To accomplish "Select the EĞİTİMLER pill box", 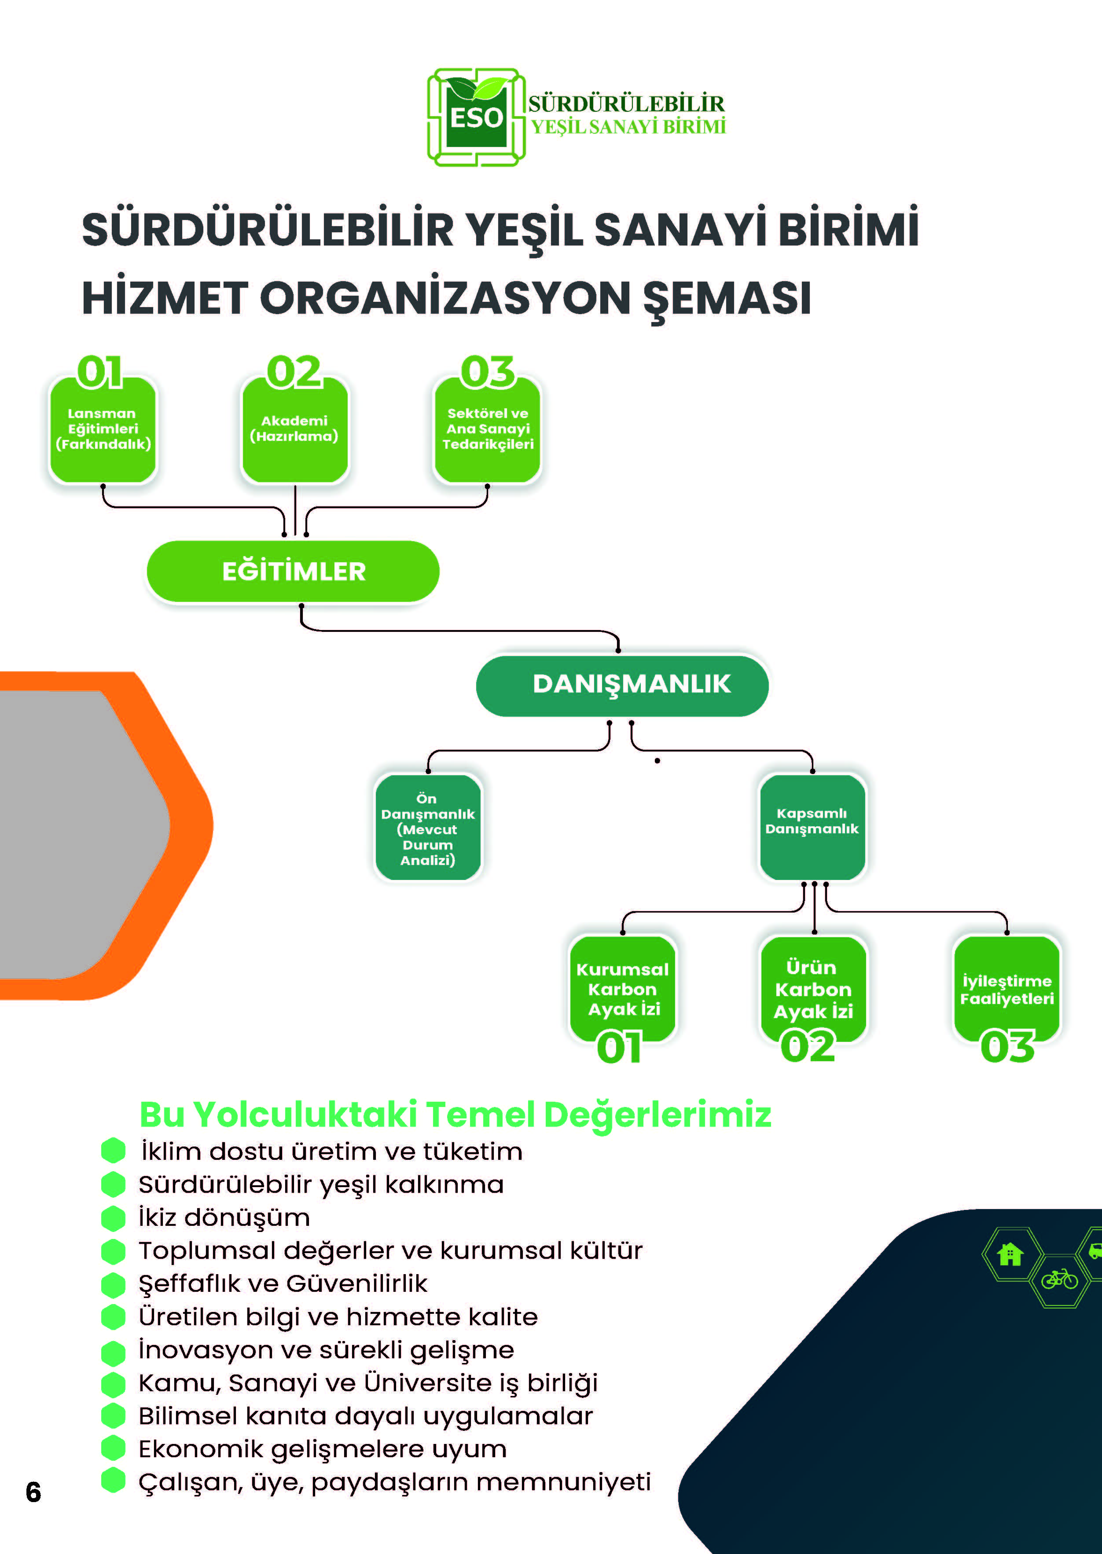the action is pyautogui.click(x=293, y=571).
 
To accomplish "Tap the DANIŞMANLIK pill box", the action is pyautogui.click(x=622, y=685).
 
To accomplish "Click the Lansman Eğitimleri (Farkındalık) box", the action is pyautogui.click(x=103, y=429).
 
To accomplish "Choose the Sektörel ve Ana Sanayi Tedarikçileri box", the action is pyautogui.click(x=487, y=429).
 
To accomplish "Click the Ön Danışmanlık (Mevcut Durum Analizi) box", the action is pyautogui.click(x=428, y=828).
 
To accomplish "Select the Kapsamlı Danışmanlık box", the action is pyautogui.click(x=812, y=828).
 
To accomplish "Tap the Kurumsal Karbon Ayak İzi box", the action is pyautogui.click(x=623, y=989).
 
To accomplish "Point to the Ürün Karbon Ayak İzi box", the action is pyautogui.click(x=814, y=989).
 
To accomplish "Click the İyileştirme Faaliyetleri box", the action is pyautogui.click(x=1007, y=989).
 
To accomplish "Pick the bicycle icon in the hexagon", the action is pyautogui.click(x=1059, y=1279).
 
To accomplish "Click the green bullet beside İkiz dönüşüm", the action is pyautogui.click(x=113, y=1217).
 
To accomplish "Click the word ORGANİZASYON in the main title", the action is pyautogui.click(x=445, y=298).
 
